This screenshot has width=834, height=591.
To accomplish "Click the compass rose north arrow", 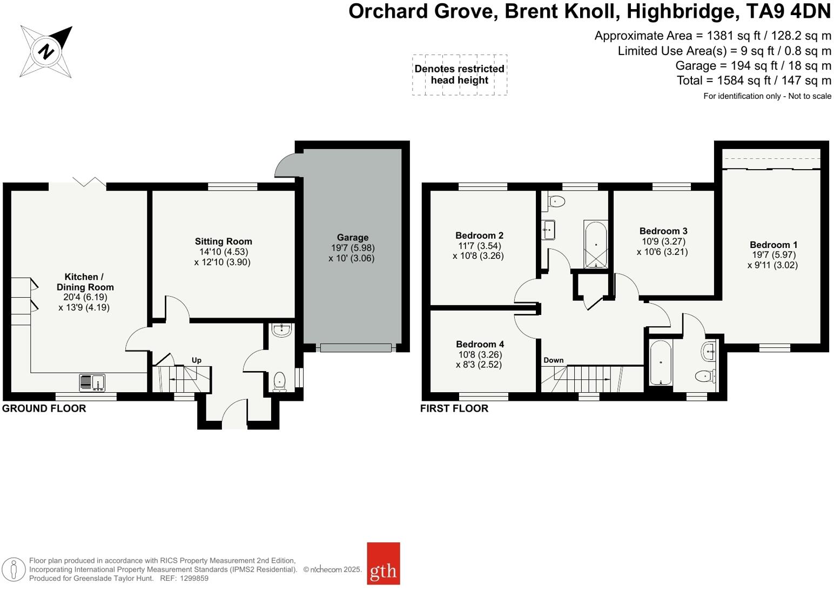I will (x=46, y=52).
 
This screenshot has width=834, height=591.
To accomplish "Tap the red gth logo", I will (x=384, y=563).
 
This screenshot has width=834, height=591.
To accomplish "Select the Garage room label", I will (x=352, y=238).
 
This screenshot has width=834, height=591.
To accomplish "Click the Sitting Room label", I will (x=223, y=241).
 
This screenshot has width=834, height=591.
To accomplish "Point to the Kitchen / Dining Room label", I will (x=85, y=282).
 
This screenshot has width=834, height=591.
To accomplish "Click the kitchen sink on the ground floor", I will (x=92, y=382).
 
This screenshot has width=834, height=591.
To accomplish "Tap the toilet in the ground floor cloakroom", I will (x=279, y=381).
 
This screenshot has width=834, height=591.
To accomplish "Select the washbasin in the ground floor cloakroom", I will (x=281, y=330).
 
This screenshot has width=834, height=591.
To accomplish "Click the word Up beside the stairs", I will (x=197, y=360).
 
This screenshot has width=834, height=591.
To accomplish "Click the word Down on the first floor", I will (x=553, y=360).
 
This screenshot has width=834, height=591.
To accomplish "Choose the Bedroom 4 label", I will (x=480, y=344).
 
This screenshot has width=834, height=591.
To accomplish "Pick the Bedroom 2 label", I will (x=479, y=236).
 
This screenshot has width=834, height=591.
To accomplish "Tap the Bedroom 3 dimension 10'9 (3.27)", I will (x=663, y=241).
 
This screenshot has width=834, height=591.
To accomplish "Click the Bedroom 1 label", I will (x=773, y=245).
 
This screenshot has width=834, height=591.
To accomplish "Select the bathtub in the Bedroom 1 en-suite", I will (x=661, y=362).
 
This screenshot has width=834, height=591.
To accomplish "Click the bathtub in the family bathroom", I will (x=596, y=245).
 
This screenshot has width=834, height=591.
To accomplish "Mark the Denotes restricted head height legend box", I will (x=459, y=75).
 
